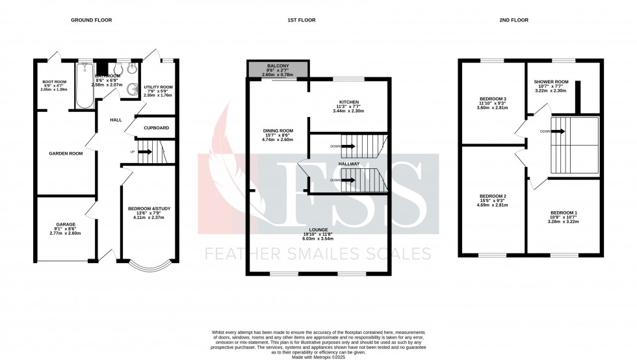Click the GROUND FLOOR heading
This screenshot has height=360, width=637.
[x=91, y=20]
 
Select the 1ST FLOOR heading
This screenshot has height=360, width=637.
[x=302, y=20]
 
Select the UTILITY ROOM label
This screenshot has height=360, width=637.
[x=158, y=86]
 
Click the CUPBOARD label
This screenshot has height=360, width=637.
[x=157, y=127]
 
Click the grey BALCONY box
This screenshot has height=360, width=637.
[x=278, y=69]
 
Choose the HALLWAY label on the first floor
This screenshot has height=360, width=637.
[x=348, y=165]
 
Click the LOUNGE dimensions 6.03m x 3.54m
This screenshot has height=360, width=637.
[x=318, y=238]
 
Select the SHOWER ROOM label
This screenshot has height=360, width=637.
[x=551, y=81]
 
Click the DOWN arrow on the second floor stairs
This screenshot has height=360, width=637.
[x=557, y=131]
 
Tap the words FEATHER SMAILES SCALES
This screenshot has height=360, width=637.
[x=318, y=253]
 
